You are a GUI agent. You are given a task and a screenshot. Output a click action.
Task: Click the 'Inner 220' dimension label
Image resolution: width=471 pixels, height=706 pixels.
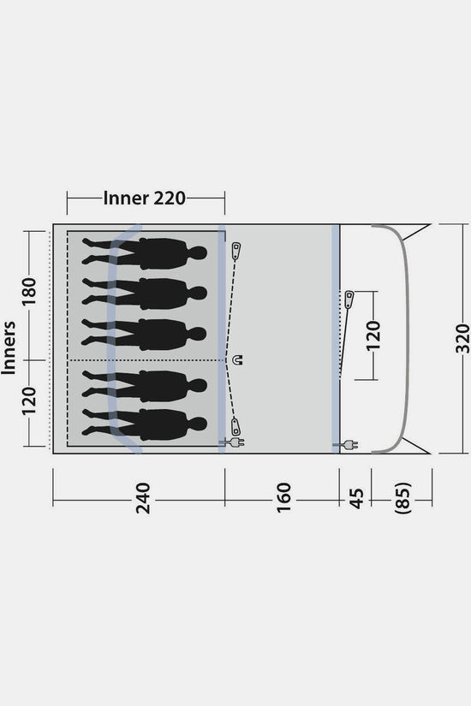click(x=144, y=199)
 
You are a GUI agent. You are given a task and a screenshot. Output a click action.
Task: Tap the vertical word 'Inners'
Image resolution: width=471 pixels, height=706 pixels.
click(x=9, y=347)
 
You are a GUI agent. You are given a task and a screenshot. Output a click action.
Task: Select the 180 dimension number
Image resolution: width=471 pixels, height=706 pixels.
click(x=29, y=291)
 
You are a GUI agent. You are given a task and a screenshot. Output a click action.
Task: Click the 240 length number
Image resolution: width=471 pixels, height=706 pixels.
click(x=143, y=498)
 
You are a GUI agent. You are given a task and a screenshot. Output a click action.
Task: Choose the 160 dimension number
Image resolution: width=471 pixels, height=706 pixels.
click(x=284, y=497)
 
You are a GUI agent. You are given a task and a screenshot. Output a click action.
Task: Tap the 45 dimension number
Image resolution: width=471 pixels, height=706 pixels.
click(x=356, y=498)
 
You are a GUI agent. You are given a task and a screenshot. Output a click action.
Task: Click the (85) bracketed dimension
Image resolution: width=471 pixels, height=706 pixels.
click(x=403, y=497)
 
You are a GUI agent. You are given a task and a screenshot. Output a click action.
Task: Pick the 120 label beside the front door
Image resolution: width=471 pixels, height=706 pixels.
click(x=373, y=335)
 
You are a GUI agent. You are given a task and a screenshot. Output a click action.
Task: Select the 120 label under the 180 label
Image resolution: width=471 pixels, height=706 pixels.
click(x=29, y=400)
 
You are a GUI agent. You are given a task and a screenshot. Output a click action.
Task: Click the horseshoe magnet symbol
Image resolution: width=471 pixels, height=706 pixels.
click(x=237, y=359)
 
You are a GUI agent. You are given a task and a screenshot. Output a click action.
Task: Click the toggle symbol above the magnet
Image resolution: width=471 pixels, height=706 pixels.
click(x=235, y=251)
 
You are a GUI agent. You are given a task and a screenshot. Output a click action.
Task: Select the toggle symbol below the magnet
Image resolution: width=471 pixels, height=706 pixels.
click(x=235, y=426)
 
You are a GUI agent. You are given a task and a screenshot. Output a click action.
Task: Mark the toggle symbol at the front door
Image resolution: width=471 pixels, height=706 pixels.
click(x=349, y=300)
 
